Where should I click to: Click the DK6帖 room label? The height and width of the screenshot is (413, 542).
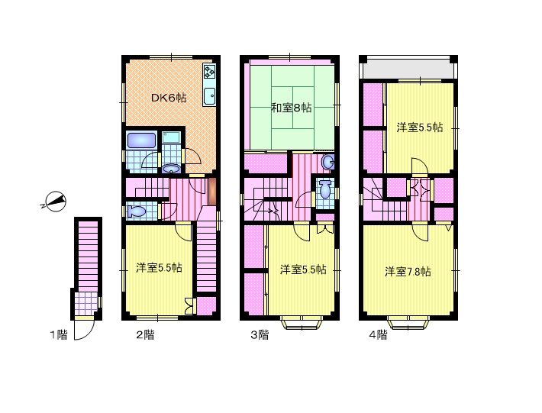tap(169, 98)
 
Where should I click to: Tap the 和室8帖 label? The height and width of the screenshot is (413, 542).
tap(291, 108)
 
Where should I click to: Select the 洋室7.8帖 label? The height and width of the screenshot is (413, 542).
tap(408, 271)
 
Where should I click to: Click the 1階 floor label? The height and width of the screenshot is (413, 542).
tap(59, 334)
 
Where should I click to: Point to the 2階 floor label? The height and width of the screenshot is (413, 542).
tap(145, 334)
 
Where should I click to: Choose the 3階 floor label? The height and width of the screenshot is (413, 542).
tap(260, 334)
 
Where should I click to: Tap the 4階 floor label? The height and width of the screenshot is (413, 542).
tap(378, 334)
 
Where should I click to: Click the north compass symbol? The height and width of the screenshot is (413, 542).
tap(55, 201)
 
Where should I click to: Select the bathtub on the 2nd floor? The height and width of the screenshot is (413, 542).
tap(142, 140)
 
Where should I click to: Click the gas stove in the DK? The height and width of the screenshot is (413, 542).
tap(209, 72)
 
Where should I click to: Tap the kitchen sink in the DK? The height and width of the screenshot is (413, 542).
tap(209, 95)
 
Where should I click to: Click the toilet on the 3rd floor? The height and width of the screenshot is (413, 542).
tap(325, 190)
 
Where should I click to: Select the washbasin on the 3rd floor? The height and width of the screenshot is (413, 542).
tap(327, 162)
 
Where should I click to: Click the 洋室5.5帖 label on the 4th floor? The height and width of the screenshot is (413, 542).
tap(420, 127)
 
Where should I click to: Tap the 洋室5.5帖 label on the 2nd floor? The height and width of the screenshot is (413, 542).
tap(159, 267)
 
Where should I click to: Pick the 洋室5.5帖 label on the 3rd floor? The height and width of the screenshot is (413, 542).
tap(303, 269)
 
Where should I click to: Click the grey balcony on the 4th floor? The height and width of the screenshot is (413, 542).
tap(408, 69)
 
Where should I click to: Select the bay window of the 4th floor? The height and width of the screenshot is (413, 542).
tap(408, 322)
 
